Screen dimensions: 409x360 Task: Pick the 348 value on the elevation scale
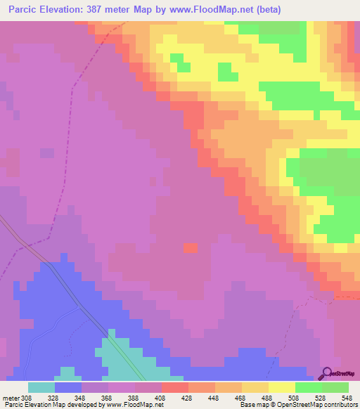(x=80, y=397)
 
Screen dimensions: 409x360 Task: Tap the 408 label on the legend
(x=160, y=397)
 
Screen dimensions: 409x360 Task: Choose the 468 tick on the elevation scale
(x=240, y=397)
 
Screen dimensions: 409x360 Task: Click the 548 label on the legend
(x=346, y=397)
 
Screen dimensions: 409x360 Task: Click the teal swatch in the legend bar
(x=41, y=387)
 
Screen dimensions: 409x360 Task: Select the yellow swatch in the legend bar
(x=281, y=387)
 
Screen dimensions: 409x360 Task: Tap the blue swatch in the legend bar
(x=67, y=387)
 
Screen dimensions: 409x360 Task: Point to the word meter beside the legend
(x=10, y=397)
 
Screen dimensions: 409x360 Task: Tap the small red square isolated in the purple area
(x=191, y=247)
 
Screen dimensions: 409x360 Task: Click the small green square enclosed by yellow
(x=226, y=72)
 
